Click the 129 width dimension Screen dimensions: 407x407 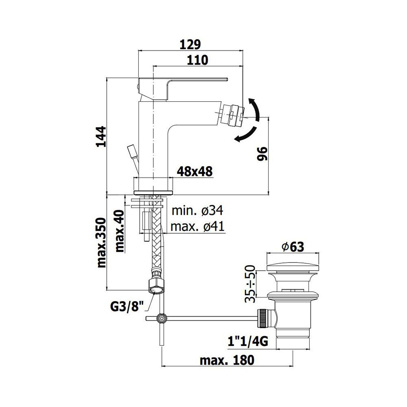point(191,45)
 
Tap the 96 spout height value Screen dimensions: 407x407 point(263,154)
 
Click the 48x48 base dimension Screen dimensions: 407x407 point(195,172)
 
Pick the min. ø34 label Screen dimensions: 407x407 point(197,210)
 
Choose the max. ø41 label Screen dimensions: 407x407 point(197,227)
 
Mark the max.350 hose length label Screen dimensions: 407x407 point(101,243)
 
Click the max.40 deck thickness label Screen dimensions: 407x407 point(120,231)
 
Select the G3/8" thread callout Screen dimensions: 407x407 point(127,308)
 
